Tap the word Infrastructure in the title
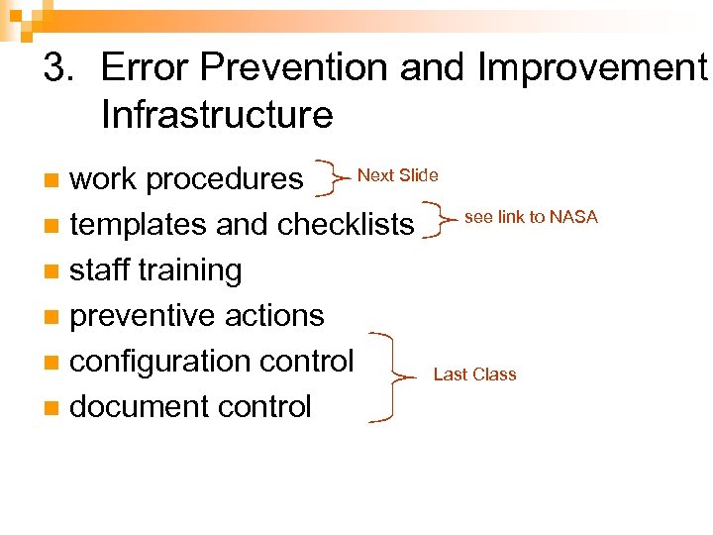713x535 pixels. [217, 115]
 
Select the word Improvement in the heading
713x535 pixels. [592, 67]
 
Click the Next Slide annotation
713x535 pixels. [397, 175]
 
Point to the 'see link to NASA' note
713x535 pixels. [531, 217]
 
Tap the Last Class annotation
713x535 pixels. [474, 374]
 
